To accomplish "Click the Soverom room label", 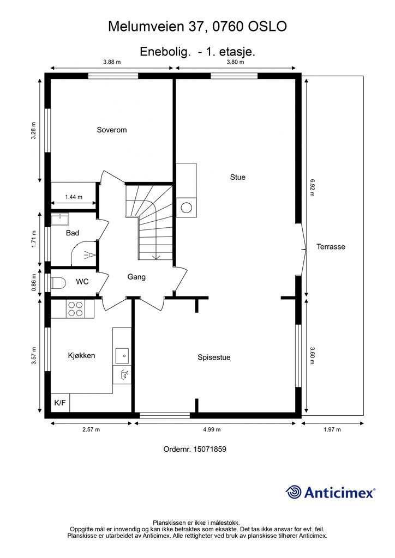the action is pyautogui.click(x=111, y=130).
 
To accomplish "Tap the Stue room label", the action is pyautogui.click(x=237, y=177).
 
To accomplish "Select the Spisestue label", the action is pyautogui.click(x=214, y=357).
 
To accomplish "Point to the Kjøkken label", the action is pyautogui.click(x=82, y=355).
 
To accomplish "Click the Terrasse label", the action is pyautogui.click(x=331, y=247).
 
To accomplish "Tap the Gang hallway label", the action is pyautogui.click(x=136, y=277).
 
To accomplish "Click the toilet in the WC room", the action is pyautogui.click(x=58, y=283).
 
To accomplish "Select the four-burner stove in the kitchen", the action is pyautogui.click(x=76, y=309).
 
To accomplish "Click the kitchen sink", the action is pyautogui.click(x=122, y=355).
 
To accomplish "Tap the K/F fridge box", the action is pyautogui.click(x=60, y=403).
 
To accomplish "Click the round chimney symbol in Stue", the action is pyautogui.click(x=187, y=208).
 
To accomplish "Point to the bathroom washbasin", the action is pyautogui.click(x=59, y=219).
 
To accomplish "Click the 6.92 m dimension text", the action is pyautogui.click(x=312, y=187).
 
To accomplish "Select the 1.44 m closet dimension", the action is pyautogui.click(x=74, y=197).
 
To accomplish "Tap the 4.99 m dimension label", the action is pyautogui.click(x=212, y=429).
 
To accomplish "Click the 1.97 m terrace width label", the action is pyautogui.click(x=332, y=429).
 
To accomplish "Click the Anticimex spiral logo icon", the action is pyautogui.click(x=293, y=492).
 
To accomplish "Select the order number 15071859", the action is pyautogui.click(x=210, y=449).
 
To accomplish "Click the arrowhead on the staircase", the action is pyautogui.click(x=155, y=257).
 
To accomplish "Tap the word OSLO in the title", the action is pyautogui.click(x=267, y=27).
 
